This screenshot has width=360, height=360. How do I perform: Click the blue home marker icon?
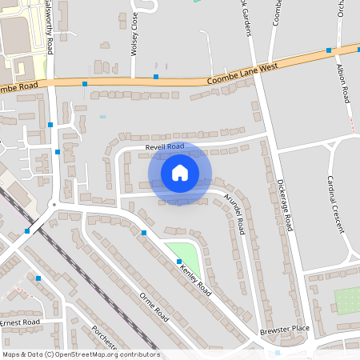tap(180, 173)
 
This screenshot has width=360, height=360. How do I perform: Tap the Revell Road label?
tap(165, 146)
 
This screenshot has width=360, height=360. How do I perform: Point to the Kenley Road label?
tap(195, 275)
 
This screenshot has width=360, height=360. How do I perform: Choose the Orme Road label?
tap(154, 307)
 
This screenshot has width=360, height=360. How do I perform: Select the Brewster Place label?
tap(283, 330)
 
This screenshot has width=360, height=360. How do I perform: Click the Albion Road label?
tap(345, 83)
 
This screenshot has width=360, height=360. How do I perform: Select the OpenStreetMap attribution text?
tap(81, 354)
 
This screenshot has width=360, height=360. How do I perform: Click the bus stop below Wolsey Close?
tap(156, 78)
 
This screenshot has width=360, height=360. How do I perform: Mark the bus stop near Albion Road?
tap(329, 50)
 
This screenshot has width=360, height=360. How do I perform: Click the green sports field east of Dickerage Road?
tap(347, 301)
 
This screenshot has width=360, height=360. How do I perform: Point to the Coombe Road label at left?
tap(19, 86)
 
